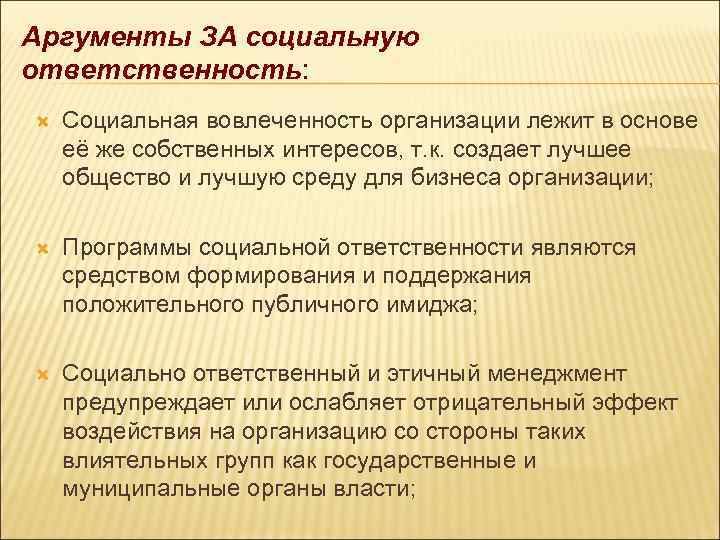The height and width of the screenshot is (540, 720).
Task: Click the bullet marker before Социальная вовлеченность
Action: (41, 122)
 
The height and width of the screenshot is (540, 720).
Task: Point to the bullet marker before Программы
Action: (41, 247)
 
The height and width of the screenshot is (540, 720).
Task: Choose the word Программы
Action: (128, 247)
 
